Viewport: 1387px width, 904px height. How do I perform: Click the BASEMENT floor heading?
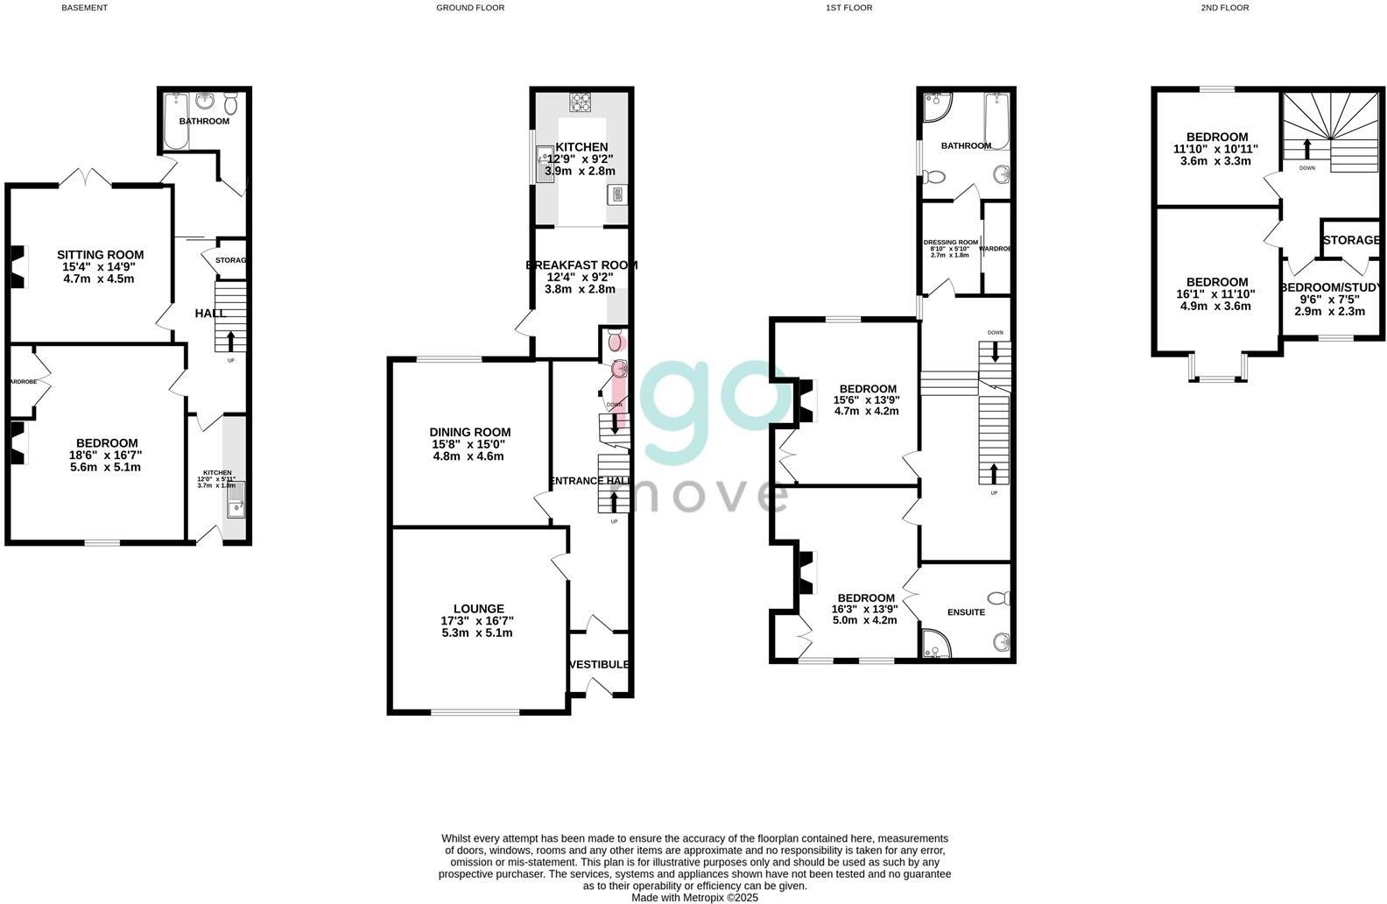(85, 8)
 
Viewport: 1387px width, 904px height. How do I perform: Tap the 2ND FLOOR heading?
(1224, 8)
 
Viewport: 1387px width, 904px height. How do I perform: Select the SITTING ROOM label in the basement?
(101, 256)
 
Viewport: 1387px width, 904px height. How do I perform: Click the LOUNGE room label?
(478, 609)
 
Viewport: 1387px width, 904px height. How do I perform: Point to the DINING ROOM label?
(469, 432)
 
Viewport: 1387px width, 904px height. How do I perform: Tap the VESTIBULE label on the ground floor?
(599, 665)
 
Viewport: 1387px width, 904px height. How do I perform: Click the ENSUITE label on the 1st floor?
(966, 612)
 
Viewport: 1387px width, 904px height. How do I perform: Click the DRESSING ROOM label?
(950, 243)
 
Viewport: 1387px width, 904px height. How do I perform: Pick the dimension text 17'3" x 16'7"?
(477, 621)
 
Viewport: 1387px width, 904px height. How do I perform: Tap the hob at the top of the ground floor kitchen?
(581, 102)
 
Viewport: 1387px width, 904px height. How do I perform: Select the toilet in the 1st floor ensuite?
(1003, 598)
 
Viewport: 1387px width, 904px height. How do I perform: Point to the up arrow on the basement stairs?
(231, 340)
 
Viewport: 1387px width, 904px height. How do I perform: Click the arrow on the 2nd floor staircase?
(1307, 147)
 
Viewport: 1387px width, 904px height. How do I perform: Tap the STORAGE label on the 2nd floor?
(1351, 240)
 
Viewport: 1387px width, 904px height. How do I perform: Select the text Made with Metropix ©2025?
(694, 897)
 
